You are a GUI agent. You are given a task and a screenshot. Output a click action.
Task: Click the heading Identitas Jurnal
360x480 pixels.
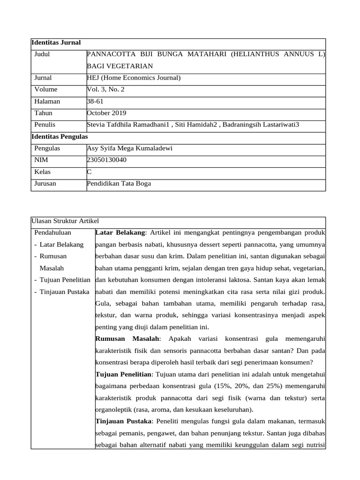pyautogui.click(x=56, y=43)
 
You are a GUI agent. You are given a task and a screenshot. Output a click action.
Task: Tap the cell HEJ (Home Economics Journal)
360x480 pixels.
pyautogui.click(x=134, y=78)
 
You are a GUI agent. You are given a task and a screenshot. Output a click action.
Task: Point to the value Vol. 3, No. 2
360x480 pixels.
pyautogui.click(x=106, y=90)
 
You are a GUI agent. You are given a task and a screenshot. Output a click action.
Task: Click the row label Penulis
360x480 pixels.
pyautogui.click(x=45, y=125)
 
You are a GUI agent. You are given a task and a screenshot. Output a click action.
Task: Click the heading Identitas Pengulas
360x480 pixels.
pyautogui.click(x=59, y=136)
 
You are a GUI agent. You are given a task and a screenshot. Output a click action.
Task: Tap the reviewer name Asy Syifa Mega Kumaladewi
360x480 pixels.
pyautogui.click(x=130, y=148)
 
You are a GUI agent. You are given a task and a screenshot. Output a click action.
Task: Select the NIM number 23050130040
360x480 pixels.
pyautogui.click(x=106, y=160)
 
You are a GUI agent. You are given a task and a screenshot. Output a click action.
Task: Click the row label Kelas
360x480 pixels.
pyautogui.click(x=43, y=172)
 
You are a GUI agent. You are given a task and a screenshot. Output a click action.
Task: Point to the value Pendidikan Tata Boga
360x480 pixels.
pyautogui.click(x=119, y=183)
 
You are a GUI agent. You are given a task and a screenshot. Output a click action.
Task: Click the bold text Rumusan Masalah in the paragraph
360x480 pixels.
pyautogui.click(x=127, y=338)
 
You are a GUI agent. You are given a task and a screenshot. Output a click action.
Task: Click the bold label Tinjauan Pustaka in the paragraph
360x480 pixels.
pyautogui.click(x=123, y=421)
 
